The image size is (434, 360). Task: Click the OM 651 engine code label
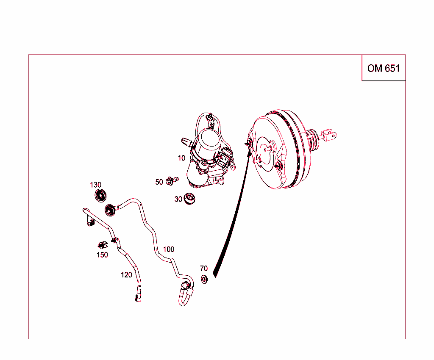point(384,68)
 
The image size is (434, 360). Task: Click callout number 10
point(181,158)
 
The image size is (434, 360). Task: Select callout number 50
point(159,182)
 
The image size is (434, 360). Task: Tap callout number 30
point(178,199)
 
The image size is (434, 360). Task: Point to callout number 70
point(204,269)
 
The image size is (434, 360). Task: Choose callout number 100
point(169,249)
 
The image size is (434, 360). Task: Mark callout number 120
point(126,275)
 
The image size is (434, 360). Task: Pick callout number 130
point(96,185)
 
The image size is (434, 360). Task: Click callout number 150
point(103,255)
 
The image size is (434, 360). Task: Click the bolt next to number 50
point(172,181)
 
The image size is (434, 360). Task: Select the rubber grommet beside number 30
point(189,198)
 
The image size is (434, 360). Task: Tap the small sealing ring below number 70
point(204,279)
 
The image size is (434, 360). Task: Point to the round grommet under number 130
point(100,196)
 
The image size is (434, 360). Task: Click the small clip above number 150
point(103,245)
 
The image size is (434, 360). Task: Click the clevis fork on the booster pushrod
point(330,135)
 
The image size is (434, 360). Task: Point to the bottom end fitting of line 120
point(138,297)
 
